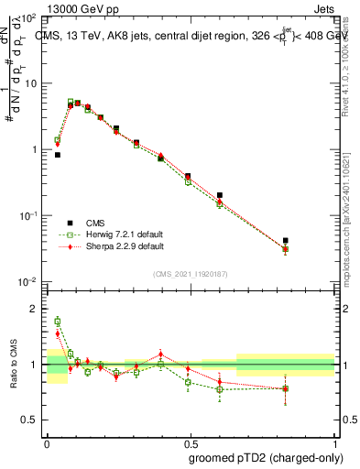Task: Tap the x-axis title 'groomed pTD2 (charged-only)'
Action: coord(266,457)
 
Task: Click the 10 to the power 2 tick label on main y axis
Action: coord(28,18)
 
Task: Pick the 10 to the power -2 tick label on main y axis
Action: coord(28,281)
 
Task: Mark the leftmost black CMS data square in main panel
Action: coord(58,155)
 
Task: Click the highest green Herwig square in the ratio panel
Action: coord(58,322)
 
